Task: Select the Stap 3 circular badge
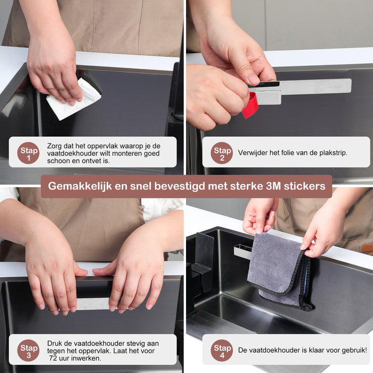click(28, 350)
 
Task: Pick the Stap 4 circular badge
click(222, 350)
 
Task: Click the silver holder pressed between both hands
click(93, 304)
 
